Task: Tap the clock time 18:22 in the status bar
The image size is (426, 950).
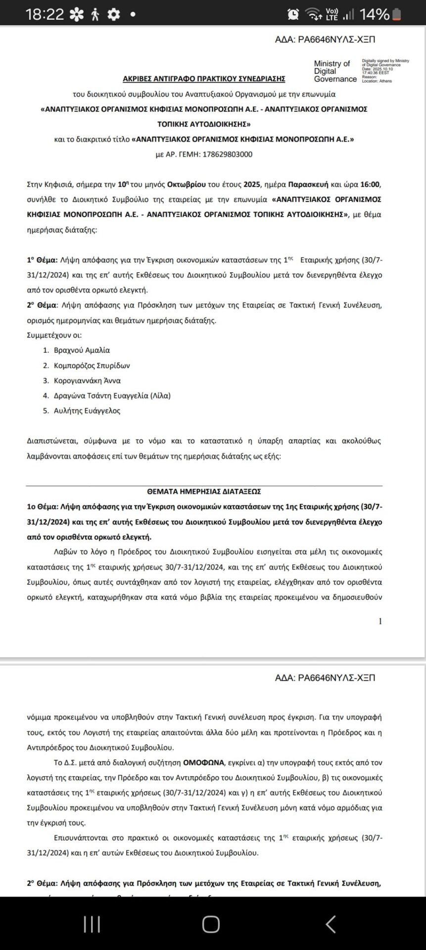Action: [x=45, y=14]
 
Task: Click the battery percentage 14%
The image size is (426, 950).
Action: [x=374, y=14]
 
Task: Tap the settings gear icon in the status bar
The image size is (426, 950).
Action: [x=114, y=15]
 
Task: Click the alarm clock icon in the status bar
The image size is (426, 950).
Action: [x=293, y=14]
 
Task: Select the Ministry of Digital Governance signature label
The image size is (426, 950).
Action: [x=335, y=71]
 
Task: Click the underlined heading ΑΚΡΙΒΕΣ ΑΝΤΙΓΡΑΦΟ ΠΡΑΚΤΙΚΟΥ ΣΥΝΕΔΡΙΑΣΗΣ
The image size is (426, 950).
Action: [x=204, y=79]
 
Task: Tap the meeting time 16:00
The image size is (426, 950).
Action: [x=370, y=185]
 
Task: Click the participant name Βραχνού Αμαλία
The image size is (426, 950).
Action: [x=82, y=350]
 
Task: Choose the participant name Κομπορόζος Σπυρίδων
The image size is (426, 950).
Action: [x=92, y=366]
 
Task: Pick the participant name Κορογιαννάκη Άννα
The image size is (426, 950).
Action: [x=87, y=380]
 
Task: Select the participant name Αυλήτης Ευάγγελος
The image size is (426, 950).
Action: [x=87, y=411]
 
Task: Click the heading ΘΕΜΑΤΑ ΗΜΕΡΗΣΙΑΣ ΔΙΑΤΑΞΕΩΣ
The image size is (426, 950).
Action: [x=204, y=491]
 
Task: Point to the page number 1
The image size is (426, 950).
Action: [x=380, y=621]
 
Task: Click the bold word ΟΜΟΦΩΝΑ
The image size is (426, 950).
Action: [x=204, y=762]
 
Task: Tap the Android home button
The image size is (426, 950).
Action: [x=211, y=924]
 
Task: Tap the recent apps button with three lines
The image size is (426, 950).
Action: [x=92, y=924]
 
